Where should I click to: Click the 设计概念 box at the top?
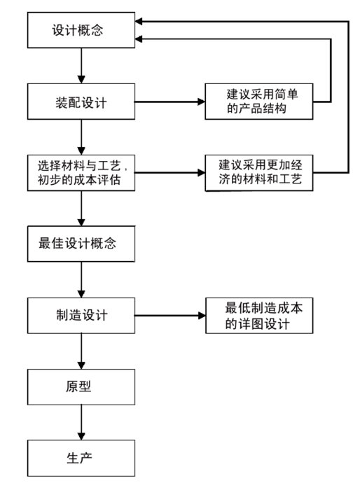[x=81, y=30]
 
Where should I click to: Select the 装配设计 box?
[x=81, y=101]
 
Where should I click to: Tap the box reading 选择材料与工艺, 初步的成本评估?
[x=81, y=173]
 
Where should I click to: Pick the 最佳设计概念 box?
[x=81, y=244]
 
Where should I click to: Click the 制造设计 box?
[x=81, y=316]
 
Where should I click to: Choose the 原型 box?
[x=81, y=387]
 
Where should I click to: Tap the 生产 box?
[x=81, y=458]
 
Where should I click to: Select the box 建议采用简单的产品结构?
[x=259, y=101]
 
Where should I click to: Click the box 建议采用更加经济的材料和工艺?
[x=259, y=173]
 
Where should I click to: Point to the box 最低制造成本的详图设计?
[x=259, y=316]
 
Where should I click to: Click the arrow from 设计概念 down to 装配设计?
[x=81, y=66]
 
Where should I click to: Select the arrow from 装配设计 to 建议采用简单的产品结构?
[x=170, y=101]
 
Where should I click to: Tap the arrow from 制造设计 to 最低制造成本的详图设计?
[x=170, y=316]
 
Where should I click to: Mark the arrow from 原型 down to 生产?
[x=81, y=422]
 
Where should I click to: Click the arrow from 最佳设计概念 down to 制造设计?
[x=81, y=280]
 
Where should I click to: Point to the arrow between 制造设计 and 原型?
[x=81, y=351]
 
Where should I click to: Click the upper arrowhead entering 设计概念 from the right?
[x=139, y=22]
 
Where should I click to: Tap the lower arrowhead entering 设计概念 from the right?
[x=139, y=38]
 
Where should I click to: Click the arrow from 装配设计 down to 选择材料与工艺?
[x=81, y=137]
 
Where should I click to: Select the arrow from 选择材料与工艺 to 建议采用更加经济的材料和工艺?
[x=170, y=172]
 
